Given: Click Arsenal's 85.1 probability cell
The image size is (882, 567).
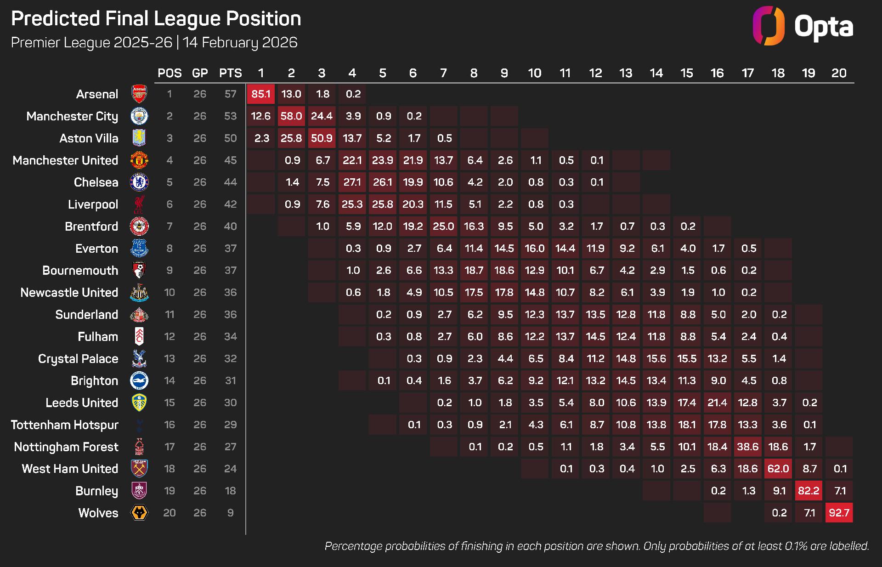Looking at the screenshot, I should (x=261, y=94).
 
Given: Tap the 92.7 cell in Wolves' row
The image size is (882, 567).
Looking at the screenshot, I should (x=839, y=513).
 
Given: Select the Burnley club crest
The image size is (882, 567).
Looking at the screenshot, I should (x=139, y=491).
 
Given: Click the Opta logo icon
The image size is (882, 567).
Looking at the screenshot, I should (x=768, y=26).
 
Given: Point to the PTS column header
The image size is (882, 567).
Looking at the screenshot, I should (x=230, y=73).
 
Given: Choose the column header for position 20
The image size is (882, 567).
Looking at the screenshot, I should (x=839, y=73).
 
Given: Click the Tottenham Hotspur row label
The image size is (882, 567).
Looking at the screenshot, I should (x=65, y=425).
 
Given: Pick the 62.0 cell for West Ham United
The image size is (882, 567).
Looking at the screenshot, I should (x=778, y=469).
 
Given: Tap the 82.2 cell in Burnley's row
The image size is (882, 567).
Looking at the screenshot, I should (x=808, y=491).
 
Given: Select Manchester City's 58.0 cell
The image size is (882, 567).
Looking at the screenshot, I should (x=291, y=116).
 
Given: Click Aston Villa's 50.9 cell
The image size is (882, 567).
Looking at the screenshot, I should (x=322, y=138).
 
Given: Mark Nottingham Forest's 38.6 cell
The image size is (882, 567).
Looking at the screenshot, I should (x=748, y=447).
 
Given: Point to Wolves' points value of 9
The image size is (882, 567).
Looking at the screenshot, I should (x=230, y=513).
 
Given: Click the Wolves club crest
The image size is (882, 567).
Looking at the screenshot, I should (x=139, y=513).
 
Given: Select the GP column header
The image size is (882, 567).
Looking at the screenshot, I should (x=200, y=73).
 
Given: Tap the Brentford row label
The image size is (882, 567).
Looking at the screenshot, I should (x=91, y=227).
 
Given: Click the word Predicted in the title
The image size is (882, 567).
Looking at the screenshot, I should (x=56, y=19).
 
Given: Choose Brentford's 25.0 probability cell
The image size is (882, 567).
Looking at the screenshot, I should (x=443, y=227).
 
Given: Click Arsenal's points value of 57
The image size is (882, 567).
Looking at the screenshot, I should (x=230, y=94).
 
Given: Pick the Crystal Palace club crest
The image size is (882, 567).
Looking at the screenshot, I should (x=139, y=359).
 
